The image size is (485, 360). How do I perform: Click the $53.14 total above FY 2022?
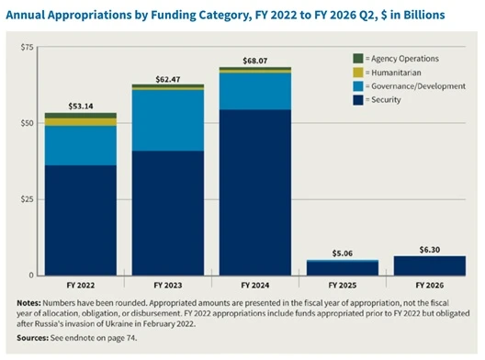pyautogui.click(x=81, y=107)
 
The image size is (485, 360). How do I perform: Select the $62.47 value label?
pyautogui.click(x=168, y=80)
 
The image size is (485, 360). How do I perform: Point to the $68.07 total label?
pyautogui.click(x=255, y=61)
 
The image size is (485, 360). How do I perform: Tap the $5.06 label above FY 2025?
pyautogui.click(x=343, y=253)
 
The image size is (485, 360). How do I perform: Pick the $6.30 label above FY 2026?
pyautogui.click(x=430, y=250)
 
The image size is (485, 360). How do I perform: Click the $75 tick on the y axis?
pyautogui.click(x=27, y=47)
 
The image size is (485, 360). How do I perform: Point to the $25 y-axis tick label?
pyautogui.click(x=27, y=199)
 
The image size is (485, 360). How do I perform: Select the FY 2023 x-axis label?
pyautogui.click(x=168, y=286)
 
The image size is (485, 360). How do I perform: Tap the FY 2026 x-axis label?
pyautogui.click(x=430, y=286)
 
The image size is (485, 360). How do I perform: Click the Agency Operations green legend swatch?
pyautogui.click(x=358, y=59)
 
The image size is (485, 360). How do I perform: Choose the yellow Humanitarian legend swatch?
pyautogui.click(x=358, y=73)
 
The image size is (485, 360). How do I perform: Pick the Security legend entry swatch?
pyautogui.click(x=358, y=100)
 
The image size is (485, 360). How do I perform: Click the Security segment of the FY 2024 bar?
pyautogui.click(x=255, y=192)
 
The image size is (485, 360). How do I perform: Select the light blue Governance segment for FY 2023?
pyautogui.click(x=168, y=120)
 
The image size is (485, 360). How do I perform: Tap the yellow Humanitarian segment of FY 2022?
pyautogui.click(x=81, y=122)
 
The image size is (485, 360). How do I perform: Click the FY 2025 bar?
pyautogui.click(x=343, y=268)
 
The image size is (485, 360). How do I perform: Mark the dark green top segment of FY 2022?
pyautogui.click(x=81, y=116)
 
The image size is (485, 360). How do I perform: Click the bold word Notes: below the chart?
pyautogui.click(x=28, y=303)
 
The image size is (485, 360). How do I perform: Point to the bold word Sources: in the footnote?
pyautogui.click(x=32, y=338)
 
